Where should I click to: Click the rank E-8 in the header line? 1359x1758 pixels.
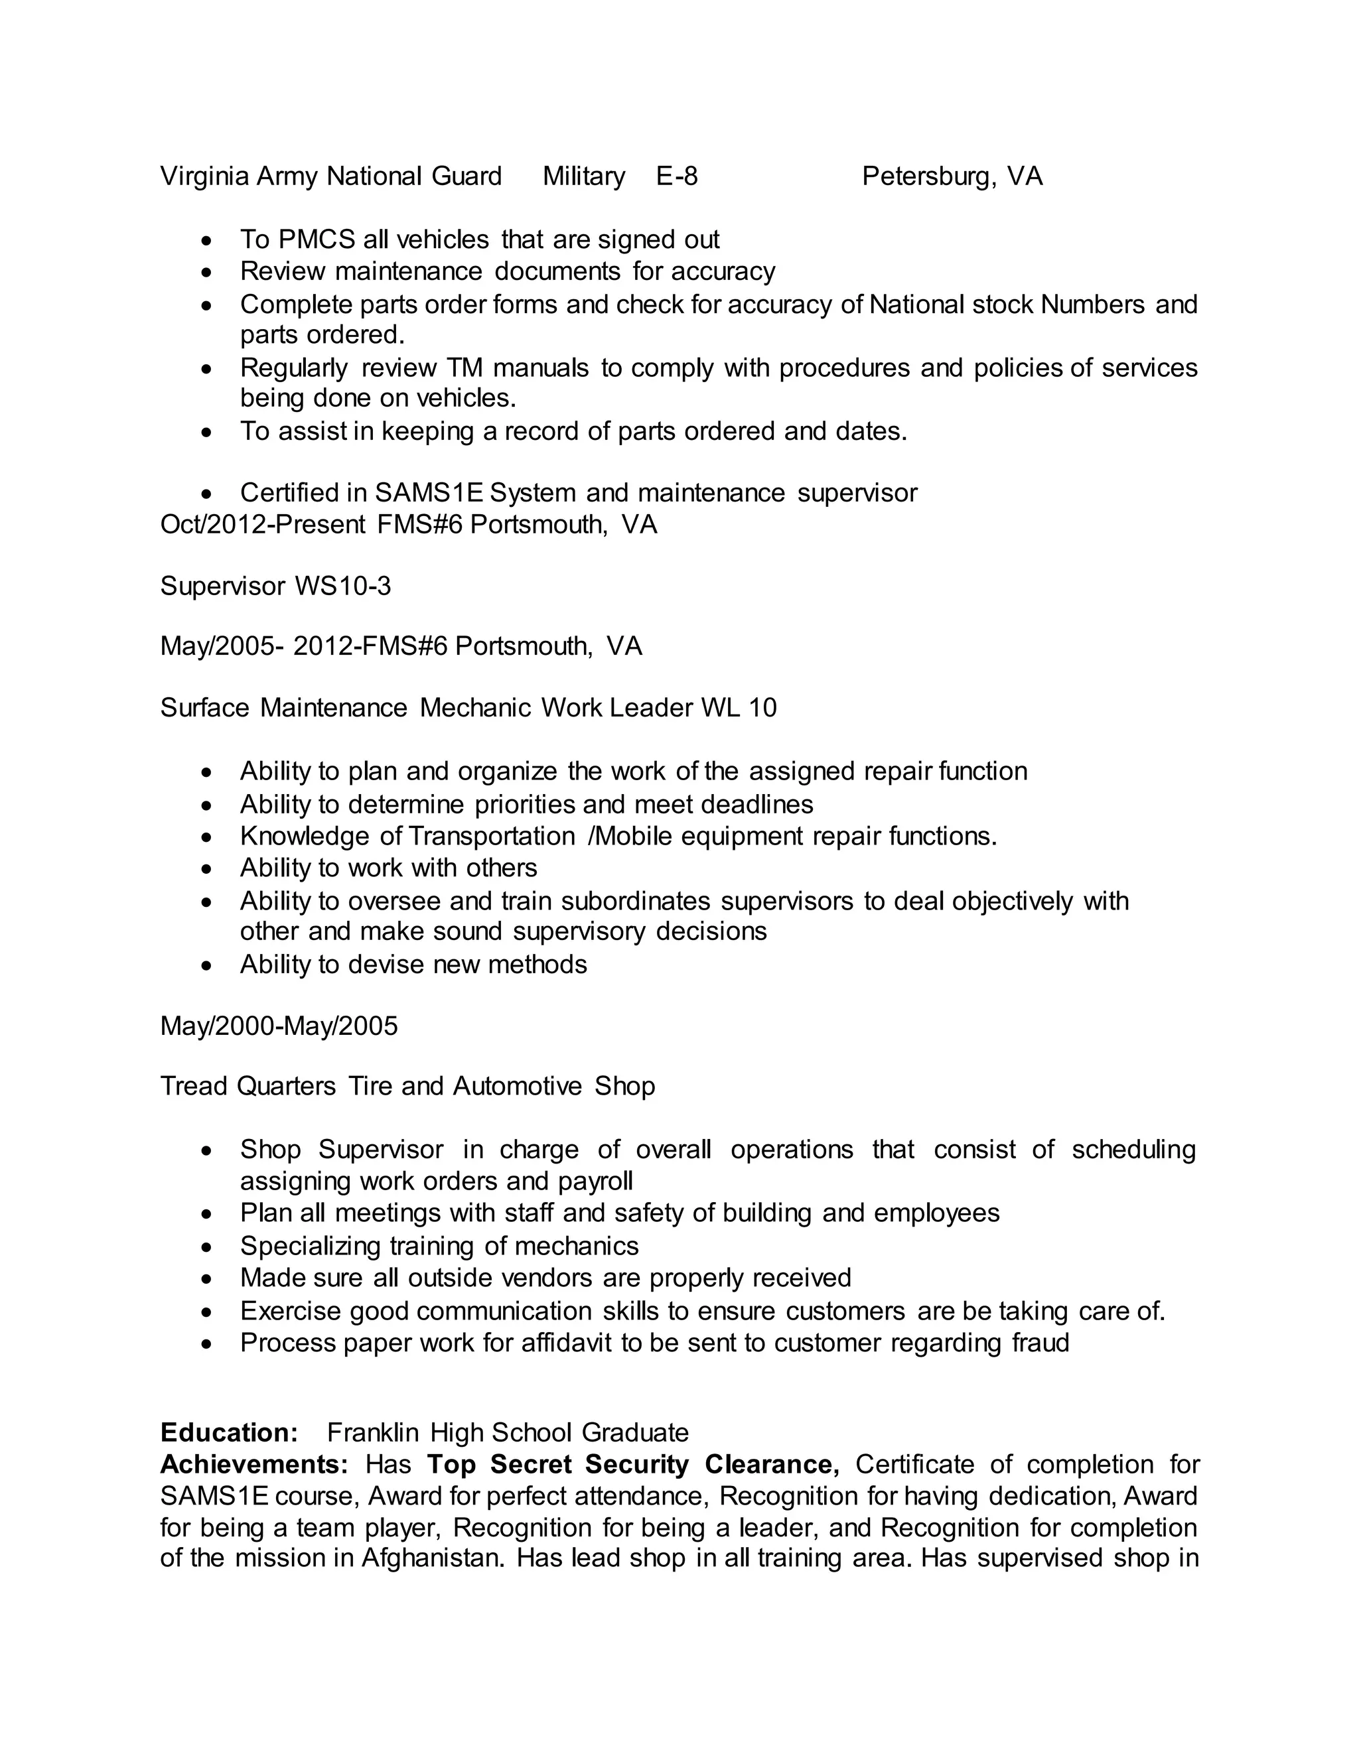click(676, 176)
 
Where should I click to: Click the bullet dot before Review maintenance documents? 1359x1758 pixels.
click(208, 273)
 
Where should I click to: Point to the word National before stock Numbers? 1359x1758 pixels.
click(917, 304)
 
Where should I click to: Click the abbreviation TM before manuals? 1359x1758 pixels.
click(464, 368)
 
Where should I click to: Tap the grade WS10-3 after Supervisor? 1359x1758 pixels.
click(343, 586)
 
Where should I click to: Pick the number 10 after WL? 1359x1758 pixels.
click(762, 708)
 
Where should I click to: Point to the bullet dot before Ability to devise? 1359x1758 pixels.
click(208, 966)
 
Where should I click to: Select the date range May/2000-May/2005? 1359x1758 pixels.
click(279, 1026)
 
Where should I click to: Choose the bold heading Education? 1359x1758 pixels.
click(230, 1434)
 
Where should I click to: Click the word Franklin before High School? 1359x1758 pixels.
click(373, 1434)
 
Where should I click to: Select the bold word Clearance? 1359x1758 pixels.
click(771, 1464)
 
